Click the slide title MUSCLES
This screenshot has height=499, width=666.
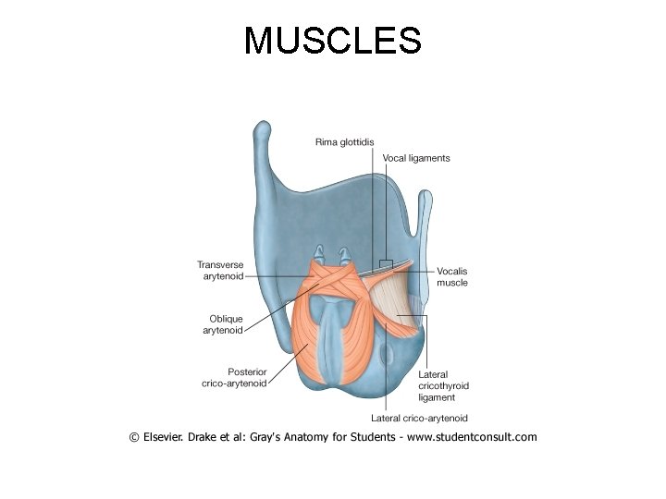click(x=332, y=41)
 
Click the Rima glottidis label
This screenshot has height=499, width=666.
click(x=344, y=141)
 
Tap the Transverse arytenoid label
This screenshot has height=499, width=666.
click(x=220, y=270)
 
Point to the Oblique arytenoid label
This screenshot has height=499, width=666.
click(x=226, y=324)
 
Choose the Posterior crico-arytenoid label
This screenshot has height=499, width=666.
click(x=234, y=378)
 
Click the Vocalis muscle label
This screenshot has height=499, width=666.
click(x=452, y=277)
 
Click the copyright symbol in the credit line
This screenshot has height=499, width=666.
click(x=134, y=437)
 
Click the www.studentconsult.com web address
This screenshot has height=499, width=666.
click(x=472, y=437)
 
